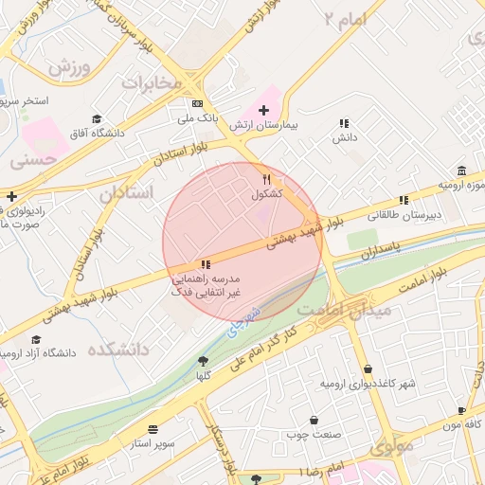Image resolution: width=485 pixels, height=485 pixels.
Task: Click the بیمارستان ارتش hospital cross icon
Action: pos(263,111)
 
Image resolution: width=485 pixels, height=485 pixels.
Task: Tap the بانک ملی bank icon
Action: pos(197,103)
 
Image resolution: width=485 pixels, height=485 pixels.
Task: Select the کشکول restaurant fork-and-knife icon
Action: pos(268,179)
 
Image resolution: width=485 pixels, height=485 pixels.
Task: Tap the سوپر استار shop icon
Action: pos(153,429)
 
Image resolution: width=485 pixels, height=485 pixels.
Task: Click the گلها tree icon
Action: pos(202,361)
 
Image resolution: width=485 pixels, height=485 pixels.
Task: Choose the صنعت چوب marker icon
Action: pos(314,420)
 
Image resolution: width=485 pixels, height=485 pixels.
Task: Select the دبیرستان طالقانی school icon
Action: pos(404,200)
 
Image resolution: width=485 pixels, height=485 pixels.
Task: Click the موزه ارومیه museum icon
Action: pos(461,171)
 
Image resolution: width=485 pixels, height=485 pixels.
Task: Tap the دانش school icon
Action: pos(344,123)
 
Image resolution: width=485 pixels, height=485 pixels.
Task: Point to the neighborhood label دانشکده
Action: pos(119,350)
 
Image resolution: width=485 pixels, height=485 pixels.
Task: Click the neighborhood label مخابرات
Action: pos(151,82)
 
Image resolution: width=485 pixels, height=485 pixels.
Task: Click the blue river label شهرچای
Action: pos(243,317)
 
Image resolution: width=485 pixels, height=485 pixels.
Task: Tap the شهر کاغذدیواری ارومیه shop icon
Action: pos(368,369)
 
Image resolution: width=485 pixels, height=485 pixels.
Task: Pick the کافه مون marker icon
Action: pos(461,411)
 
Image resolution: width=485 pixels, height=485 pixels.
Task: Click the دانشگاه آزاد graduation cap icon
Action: pos(37,339)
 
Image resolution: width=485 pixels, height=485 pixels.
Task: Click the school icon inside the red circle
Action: pos(205,265)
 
